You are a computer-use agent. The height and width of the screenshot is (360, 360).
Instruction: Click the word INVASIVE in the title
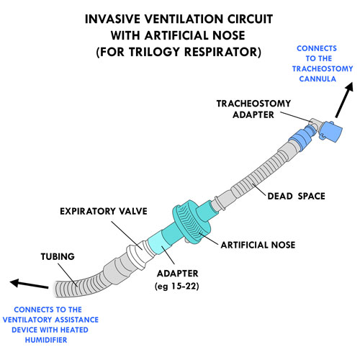(x=112, y=19)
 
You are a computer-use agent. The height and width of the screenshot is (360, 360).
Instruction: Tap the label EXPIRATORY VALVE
(x=104, y=211)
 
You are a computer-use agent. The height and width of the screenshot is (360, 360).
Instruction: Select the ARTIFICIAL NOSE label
(x=258, y=245)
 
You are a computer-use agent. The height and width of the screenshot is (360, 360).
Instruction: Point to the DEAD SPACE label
(x=296, y=196)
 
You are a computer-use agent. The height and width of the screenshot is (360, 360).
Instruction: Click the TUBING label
(x=58, y=256)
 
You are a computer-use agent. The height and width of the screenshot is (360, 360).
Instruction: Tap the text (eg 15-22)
(x=177, y=286)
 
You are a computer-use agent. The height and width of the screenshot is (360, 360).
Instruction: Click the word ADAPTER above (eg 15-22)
(x=178, y=274)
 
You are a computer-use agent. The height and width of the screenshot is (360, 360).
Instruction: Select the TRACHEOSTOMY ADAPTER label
(x=253, y=109)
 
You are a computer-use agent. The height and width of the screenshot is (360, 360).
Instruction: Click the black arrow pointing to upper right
(x=344, y=100)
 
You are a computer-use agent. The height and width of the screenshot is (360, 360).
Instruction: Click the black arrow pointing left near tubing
(x=29, y=284)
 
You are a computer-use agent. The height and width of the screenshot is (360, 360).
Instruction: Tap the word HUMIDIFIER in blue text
(x=46, y=340)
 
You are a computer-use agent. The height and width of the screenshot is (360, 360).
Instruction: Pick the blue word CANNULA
(x=318, y=78)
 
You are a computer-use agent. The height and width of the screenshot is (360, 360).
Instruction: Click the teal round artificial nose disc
(x=192, y=222)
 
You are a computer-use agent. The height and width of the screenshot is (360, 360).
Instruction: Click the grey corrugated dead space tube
(x=259, y=173)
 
